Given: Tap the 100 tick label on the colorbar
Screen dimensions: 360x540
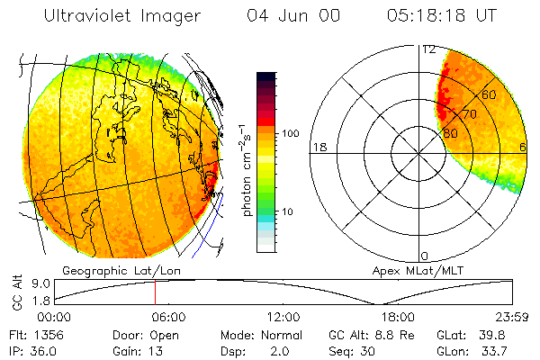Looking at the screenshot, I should (x=291, y=133).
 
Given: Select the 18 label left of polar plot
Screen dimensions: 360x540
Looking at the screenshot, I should (x=318, y=147).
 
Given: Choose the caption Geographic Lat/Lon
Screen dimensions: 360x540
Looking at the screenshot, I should (x=112, y=270).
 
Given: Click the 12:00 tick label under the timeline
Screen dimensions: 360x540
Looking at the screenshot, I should (x=283, y=317).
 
